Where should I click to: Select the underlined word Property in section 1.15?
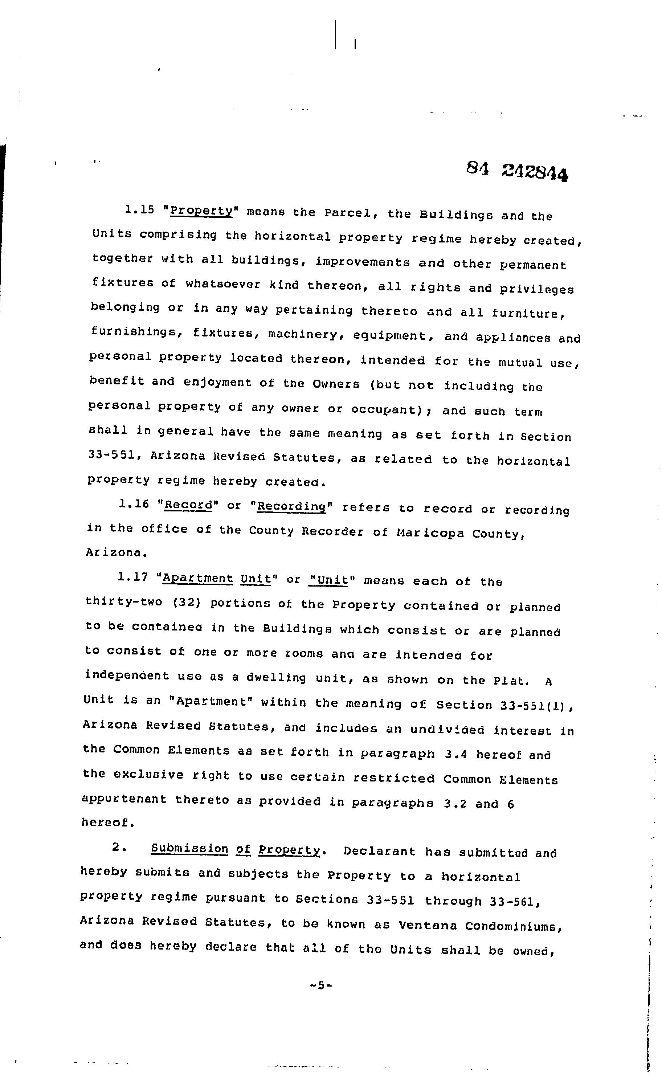tap(201, 211)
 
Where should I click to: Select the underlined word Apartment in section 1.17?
tap(197, 578)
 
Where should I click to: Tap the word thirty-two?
tap(124, 602)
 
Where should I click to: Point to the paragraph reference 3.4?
tap(456, 754)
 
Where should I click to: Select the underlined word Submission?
tap(189, 849)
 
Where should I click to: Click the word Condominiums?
tap(512, 926)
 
